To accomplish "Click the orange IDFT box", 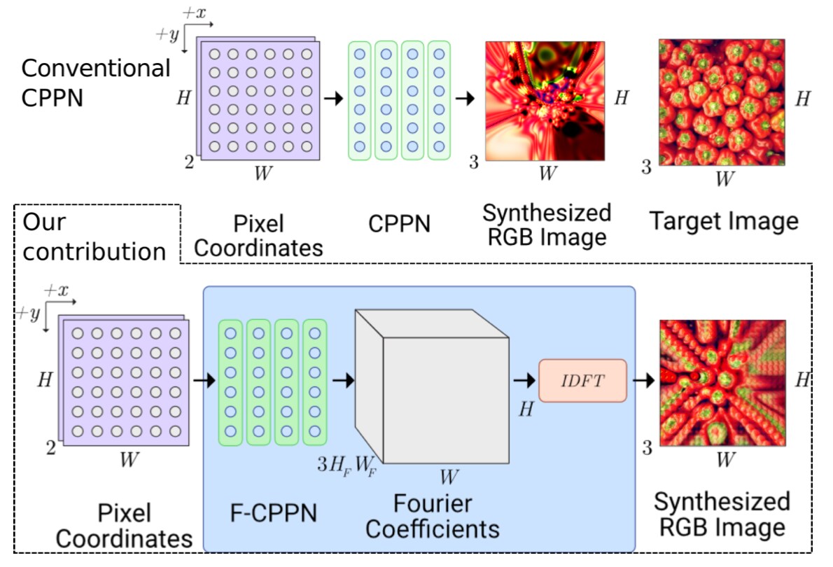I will [582, 380].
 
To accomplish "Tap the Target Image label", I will [724, 221].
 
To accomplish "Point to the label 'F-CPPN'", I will [273, 512].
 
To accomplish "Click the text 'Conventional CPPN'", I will [95, 82].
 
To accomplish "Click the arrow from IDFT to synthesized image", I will [643, 380].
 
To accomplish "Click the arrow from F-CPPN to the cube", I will [342, 380].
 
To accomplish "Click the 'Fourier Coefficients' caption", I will [432, 515].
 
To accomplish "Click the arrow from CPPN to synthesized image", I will [464, 99].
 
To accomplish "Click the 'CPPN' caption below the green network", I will [399, 224].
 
